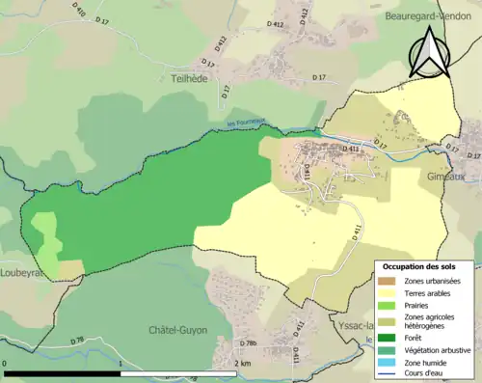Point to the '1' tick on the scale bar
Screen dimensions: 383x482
click(119, 364)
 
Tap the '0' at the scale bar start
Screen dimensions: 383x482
click(6, 364)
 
